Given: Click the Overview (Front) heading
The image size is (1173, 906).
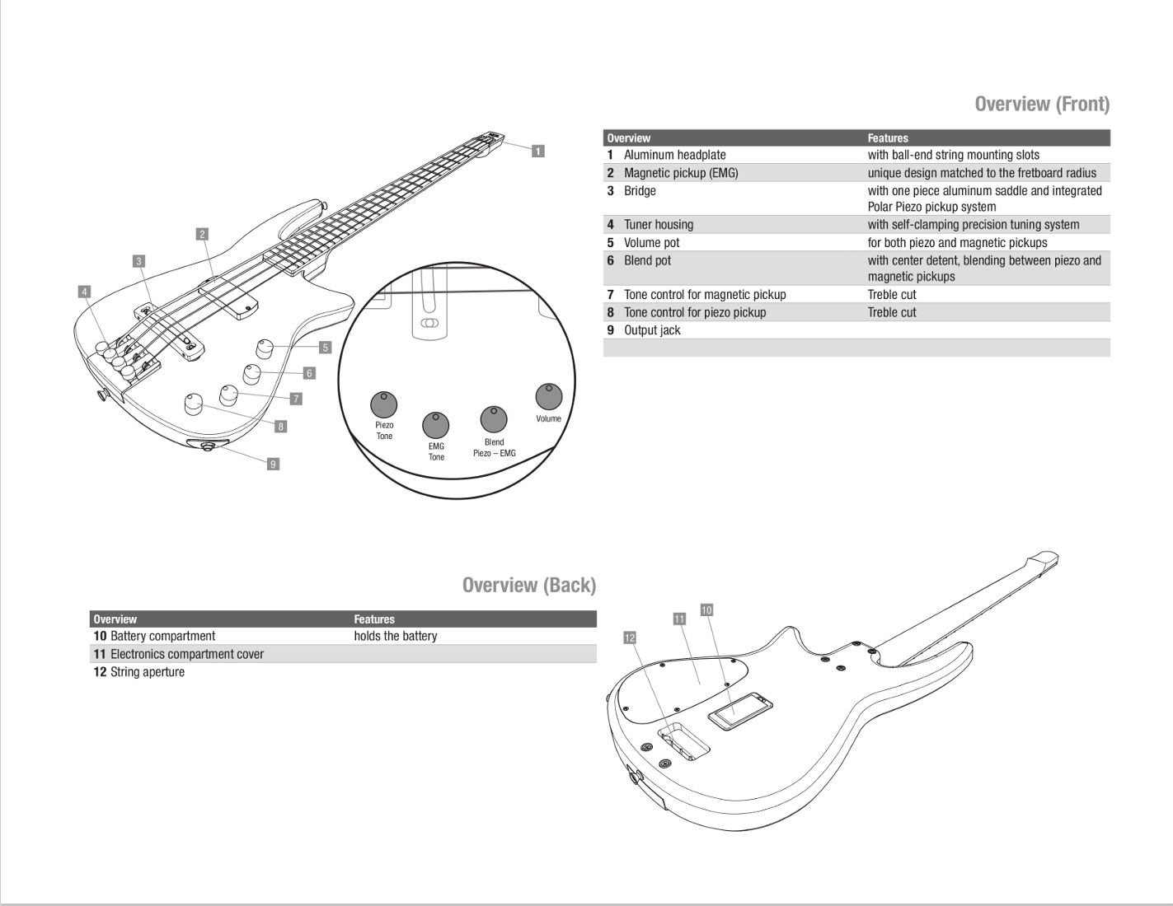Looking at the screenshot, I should point(1042,104).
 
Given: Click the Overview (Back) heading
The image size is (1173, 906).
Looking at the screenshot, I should point(528,585).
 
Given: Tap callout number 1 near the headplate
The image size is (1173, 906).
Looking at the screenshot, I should point(537,151).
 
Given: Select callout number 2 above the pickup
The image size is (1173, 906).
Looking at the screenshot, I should point(202,234).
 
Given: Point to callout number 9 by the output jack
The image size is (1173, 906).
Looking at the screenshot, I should point(273,464).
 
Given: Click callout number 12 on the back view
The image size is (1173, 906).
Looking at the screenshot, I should point(630,637).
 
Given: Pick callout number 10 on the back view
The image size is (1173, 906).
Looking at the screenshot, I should point(706,609).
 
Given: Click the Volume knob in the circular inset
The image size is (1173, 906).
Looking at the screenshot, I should point(548,396).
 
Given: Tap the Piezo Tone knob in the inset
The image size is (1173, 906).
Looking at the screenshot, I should point(384,404).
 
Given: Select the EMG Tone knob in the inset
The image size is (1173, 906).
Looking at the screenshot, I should point(436,425).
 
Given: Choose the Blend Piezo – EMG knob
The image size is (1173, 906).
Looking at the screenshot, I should point(494,419).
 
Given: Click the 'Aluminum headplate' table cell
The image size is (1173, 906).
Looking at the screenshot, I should point(674,155).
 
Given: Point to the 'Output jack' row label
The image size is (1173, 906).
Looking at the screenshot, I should point(652,330).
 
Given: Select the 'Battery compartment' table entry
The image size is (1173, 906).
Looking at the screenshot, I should point(162,636).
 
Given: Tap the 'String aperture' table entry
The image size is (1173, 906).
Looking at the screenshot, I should point(147,672).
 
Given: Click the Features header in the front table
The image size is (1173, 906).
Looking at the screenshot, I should point(888,138).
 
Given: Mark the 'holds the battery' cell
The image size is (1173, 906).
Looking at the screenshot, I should point(396,636).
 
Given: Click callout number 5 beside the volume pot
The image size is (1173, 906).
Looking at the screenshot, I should point(325,348).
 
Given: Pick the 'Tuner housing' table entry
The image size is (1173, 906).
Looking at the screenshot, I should point(658,225).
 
